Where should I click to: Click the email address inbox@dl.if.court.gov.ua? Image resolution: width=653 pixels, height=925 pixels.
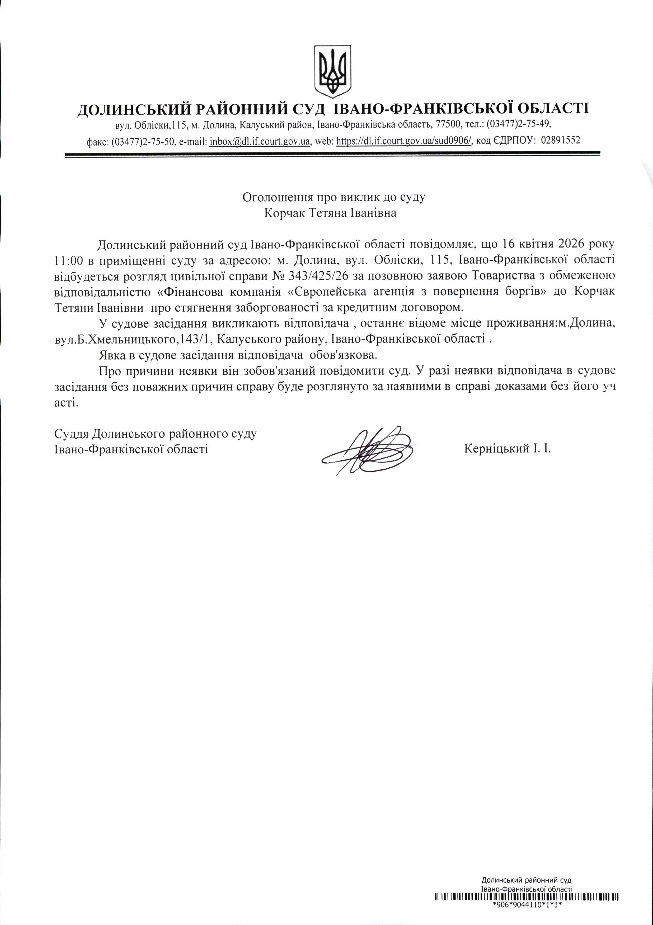(260, 141)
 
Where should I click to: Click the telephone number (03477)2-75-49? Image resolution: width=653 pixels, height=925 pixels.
(519, 124)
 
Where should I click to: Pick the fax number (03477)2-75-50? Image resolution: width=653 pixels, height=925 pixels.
(143, 141)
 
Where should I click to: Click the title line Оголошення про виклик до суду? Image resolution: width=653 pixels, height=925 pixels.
(328, 197)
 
